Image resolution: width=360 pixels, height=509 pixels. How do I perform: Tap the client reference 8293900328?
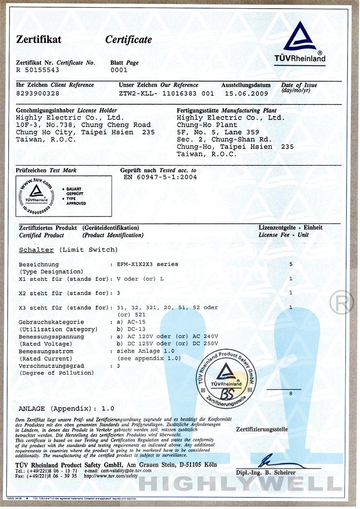[38, 93]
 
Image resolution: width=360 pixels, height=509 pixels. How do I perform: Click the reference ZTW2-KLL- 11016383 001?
[166, 93]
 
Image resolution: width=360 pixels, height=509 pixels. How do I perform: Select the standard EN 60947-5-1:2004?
[160, 177]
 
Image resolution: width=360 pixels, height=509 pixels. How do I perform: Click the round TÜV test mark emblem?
[36, 196]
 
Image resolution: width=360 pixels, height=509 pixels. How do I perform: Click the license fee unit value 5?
[290, 264]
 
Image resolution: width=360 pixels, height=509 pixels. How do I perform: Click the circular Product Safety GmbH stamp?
[227, 376]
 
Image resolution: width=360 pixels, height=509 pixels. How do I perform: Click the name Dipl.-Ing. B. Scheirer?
[265, 473]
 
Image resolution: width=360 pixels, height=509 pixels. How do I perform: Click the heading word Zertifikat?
[39, 40]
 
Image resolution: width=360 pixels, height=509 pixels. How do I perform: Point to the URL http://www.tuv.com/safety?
[111, 476]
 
